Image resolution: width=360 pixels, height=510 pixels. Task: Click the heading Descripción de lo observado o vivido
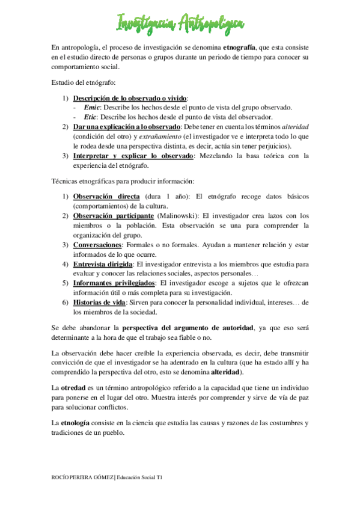click(130, 98)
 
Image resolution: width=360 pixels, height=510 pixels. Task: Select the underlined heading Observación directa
click(106, 197)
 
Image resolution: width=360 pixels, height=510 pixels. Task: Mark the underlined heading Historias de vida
click(99, 302)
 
